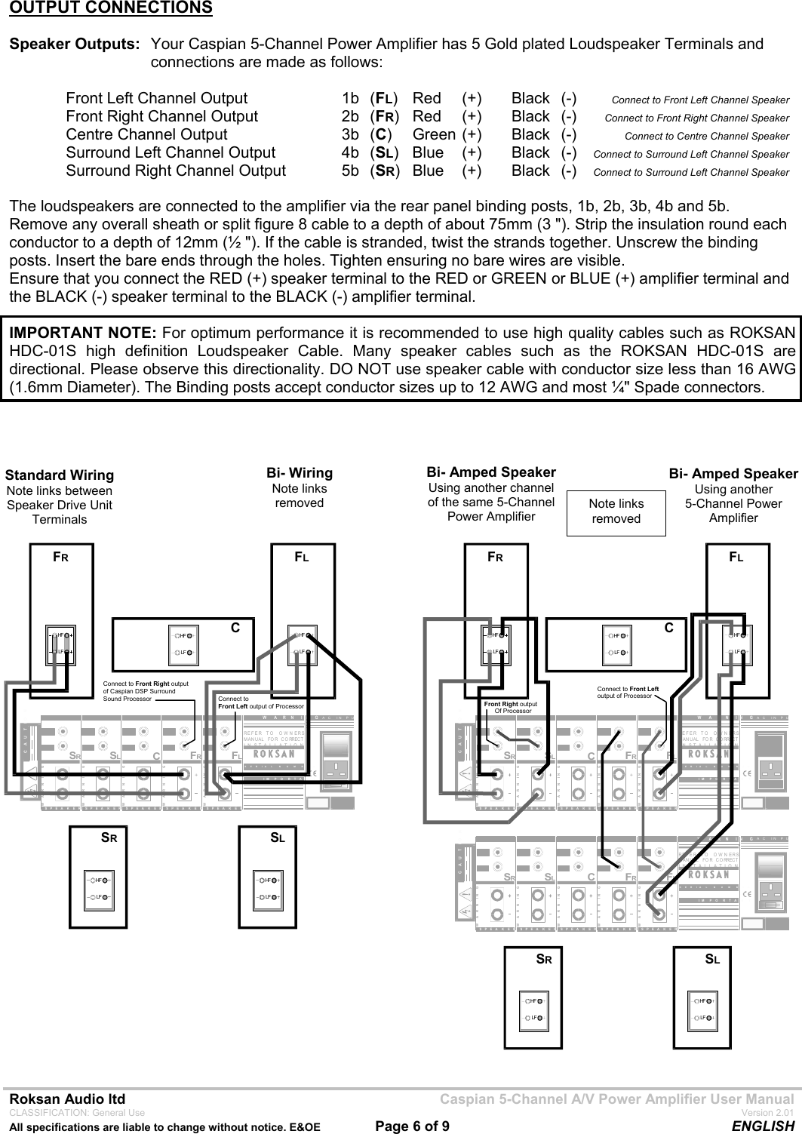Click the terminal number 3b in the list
click(x=350, y=135)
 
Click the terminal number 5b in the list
click(x=350, y=171)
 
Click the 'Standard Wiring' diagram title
click(x=60, y=475)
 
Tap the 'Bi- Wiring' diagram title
click(x=300, y=473)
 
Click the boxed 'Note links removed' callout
click(x=616, y=511)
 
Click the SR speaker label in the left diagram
click(x=109, y=837)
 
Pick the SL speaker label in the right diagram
click(x=712, y=960)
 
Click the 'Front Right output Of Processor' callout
click(x=511, y=707)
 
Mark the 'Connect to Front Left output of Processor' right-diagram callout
click(x=628, y=692)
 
